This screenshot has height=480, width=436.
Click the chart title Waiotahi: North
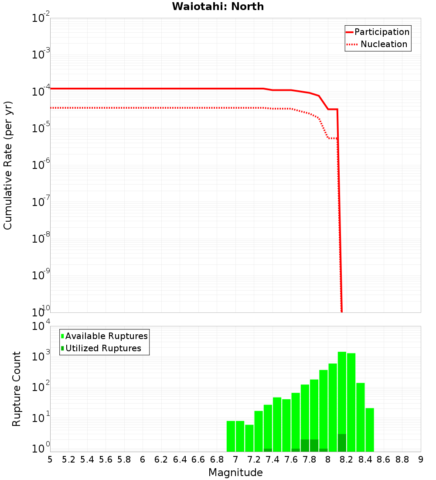pyautogui.click(x=218, y=7)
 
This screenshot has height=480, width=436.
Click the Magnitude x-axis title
pyautogui.click(x=235, y=473)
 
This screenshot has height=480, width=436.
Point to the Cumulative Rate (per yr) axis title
pyautogui.click(x=8, y=165)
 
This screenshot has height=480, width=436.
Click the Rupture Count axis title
pyautogui.click(x=17, y=389)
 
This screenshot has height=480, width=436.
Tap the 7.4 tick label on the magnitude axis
pyautogui.click(x=272, y=459)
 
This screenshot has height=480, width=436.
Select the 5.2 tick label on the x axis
pyautogui.click(x=68, y=459)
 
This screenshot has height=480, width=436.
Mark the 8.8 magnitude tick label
pyautogui.click(x=402, y=459)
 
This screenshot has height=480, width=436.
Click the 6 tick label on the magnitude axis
pyautogui.click(x=143, y=459)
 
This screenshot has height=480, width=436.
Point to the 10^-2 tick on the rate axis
pyautogui.click(x=41, y=18)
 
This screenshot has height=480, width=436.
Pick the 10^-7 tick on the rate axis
pyautogui.click(x=41, y=202)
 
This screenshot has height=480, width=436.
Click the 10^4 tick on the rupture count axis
pyautogui.click(x=41, y=326)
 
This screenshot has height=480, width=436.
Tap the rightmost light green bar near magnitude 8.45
pyautogui.click(x=370, y=430)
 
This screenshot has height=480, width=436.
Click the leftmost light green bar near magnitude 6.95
pyautogui.click(x=231, y=436)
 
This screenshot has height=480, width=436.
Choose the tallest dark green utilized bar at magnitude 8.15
pyautogui.click(x=342, y=443)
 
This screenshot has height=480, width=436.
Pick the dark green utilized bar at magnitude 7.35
pyautogui.click(x=268, y=450)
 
